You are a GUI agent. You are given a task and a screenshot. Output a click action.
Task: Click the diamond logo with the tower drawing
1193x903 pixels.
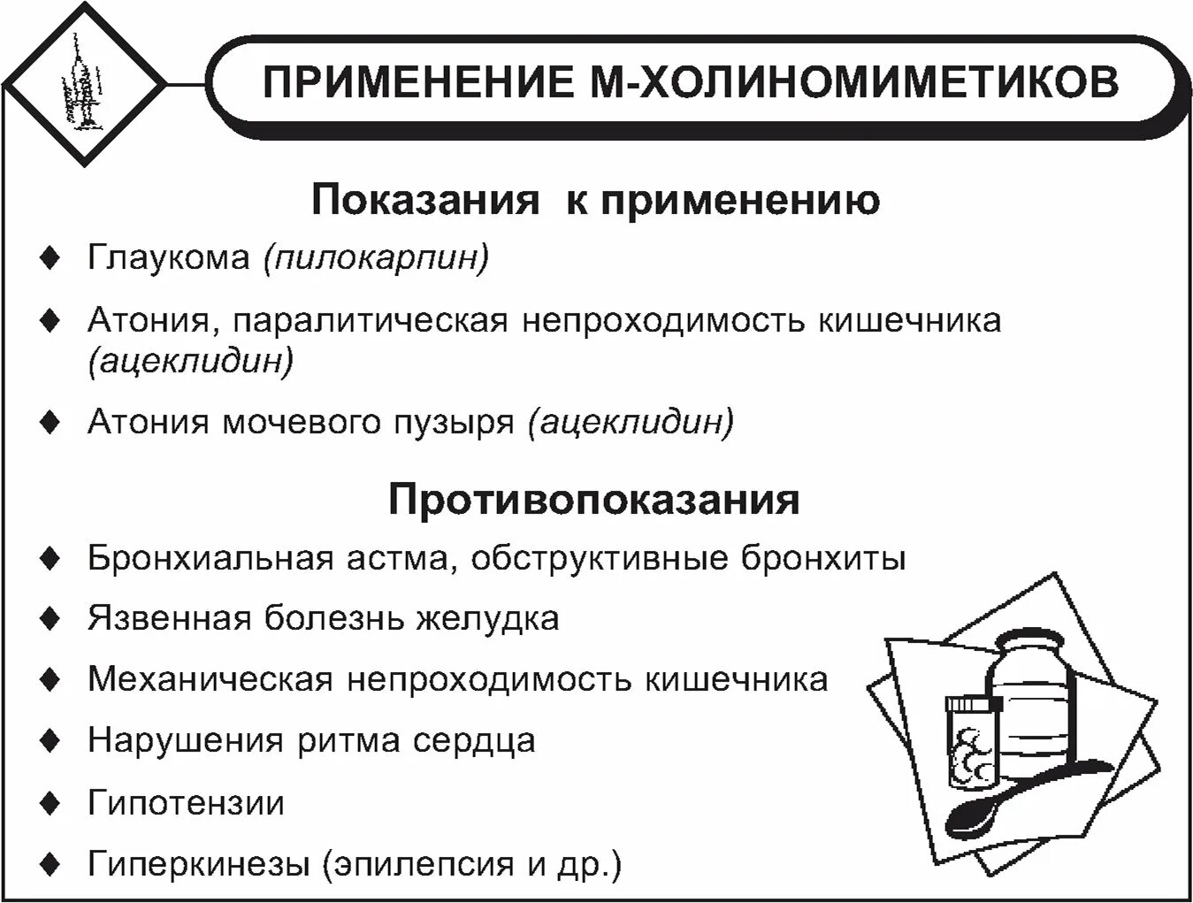coord(84,85)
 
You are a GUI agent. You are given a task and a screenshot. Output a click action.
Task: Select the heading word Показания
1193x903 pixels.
coord(424,201)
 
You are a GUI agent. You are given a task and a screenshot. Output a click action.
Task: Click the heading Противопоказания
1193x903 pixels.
coord(593,500)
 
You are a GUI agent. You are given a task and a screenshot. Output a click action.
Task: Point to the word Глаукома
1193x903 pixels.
coord(168,258)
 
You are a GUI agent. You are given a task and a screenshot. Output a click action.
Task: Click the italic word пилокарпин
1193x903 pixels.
coord(375,258)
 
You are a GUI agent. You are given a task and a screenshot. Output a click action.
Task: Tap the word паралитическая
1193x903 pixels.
coord(371,320)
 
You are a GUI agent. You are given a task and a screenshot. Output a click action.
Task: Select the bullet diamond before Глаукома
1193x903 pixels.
coord(51,259)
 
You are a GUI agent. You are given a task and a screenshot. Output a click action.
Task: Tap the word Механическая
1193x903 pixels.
coord(210,679)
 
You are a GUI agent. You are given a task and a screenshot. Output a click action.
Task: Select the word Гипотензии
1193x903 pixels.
coord(186,803)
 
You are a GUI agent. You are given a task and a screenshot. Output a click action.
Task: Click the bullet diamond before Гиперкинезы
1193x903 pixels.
coord(51,863)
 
